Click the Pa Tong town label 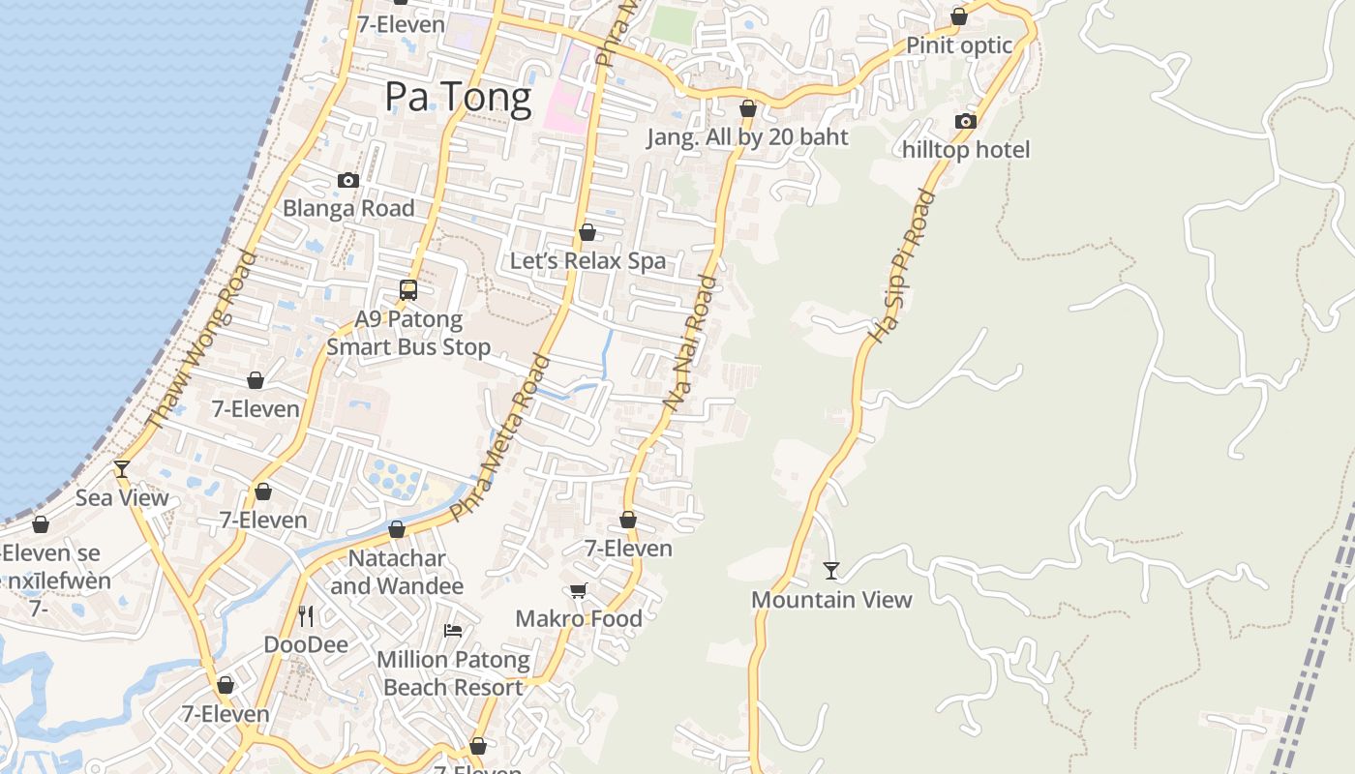click(x=458, y=98)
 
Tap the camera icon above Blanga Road click(x=348, y=180)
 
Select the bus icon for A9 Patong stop click(x=408, y=289)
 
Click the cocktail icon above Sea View click(x=122, y=469)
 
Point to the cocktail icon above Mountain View click(x=831, y=570)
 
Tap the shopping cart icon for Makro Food click(x=578, y=590)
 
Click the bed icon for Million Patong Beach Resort click(x=452, y=631)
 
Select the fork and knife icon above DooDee click(x=306, y=615)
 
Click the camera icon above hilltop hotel click(x=965, y=121)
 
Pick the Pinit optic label click(x=959, y=45)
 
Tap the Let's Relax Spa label click(x=587, y=260)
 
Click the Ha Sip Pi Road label click(x=902, y=266)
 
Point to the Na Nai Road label click(x=691, y=345)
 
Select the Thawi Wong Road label click(x=200, y=340)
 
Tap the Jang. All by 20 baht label click(x=747, y=137)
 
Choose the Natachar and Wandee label click(x=397, y=572)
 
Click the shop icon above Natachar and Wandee click(x=397, y=529)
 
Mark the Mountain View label click(x=831, y=600)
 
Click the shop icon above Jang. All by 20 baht click(x=747, y=108)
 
